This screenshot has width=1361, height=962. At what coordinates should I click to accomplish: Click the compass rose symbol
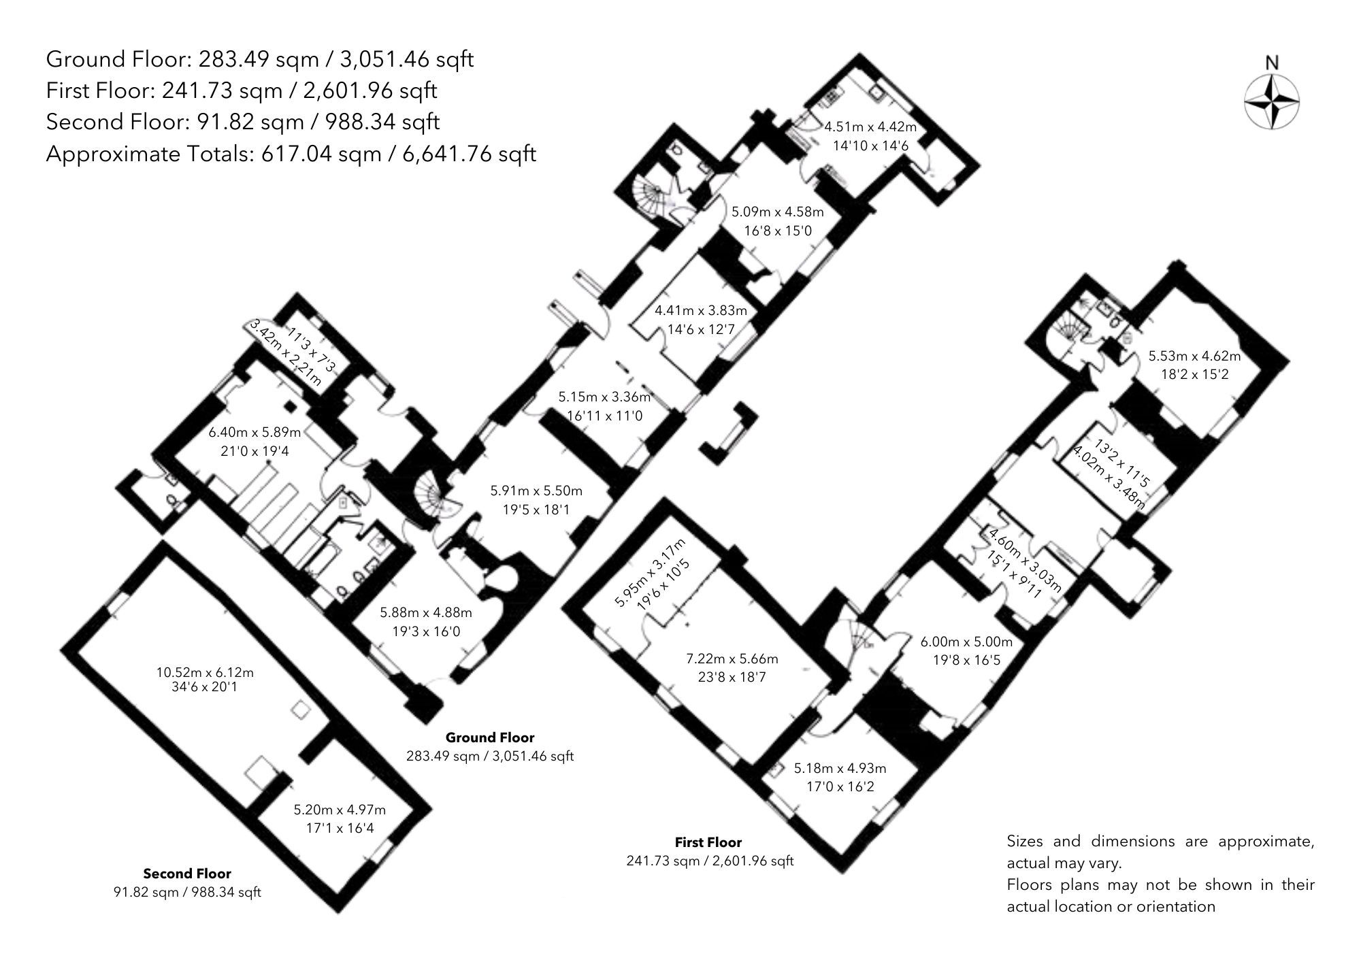1271,103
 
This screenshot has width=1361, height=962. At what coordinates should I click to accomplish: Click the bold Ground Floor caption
489,737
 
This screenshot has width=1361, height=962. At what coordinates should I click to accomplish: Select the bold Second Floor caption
187,874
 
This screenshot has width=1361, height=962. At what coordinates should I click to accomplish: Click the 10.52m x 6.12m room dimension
205,672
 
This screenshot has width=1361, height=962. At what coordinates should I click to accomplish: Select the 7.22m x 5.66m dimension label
732,659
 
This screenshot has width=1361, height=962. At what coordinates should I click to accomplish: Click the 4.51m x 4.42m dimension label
870,127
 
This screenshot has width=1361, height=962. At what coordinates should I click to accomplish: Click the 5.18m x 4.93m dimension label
840,769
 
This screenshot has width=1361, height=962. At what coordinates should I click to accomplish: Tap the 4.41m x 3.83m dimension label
700,311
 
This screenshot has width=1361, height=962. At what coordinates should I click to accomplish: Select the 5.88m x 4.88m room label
426,612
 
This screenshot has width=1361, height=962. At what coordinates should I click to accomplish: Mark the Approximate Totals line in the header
291,154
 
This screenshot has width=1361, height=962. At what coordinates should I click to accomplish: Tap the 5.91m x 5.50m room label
536,490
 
